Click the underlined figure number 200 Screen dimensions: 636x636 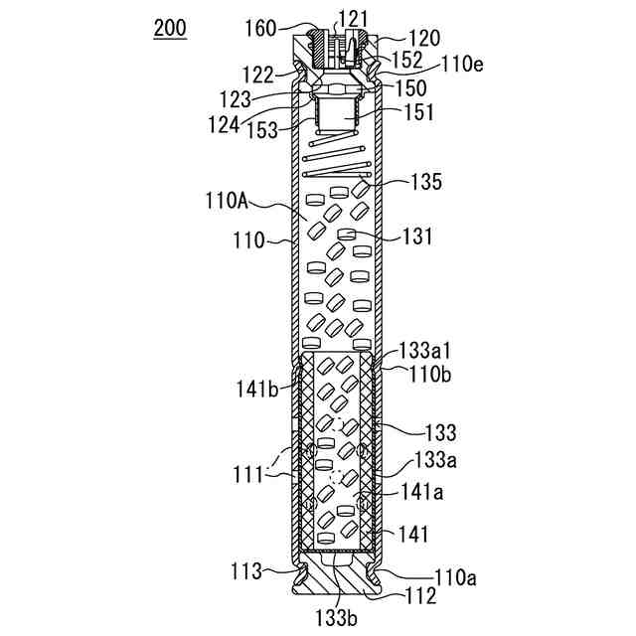point(169,28)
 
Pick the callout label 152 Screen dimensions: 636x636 point(405,61)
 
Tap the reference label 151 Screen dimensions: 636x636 point(417,113)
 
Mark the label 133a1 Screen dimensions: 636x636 point(427,351)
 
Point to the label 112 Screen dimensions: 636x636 point(418,596)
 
